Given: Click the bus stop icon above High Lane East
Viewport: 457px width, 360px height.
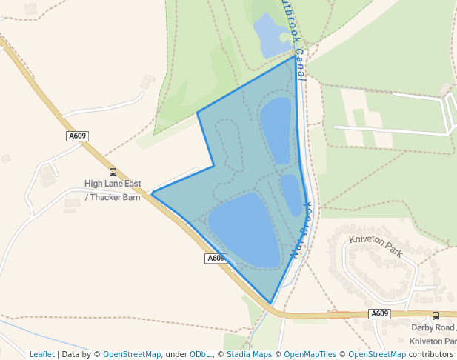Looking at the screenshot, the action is tap(113, 172).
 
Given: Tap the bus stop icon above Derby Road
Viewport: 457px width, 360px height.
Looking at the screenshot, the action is tap(436, 316).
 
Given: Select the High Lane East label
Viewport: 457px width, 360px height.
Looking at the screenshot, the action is tap(113, 184).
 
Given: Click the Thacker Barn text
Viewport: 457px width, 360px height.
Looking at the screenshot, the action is tap(116, 197).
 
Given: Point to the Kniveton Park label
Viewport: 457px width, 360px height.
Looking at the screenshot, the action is tap(376, 246).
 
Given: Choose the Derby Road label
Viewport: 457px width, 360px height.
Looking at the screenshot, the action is tap(433, 327).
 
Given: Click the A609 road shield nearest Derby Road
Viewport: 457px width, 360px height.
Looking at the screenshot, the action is tap(379, 313).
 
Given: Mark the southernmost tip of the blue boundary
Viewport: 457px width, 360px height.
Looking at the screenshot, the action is tap(271, 304).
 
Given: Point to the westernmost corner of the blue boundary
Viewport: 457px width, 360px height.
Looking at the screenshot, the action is tap(153, 193).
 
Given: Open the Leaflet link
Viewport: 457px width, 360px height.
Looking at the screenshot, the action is tap(42, 354).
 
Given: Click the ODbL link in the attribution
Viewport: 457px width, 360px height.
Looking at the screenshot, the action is tap(200, 354).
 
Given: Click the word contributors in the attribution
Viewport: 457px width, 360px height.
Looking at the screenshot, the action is tap(431, 354).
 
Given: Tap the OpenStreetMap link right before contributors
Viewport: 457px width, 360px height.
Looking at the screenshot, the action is tap(377, 354).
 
